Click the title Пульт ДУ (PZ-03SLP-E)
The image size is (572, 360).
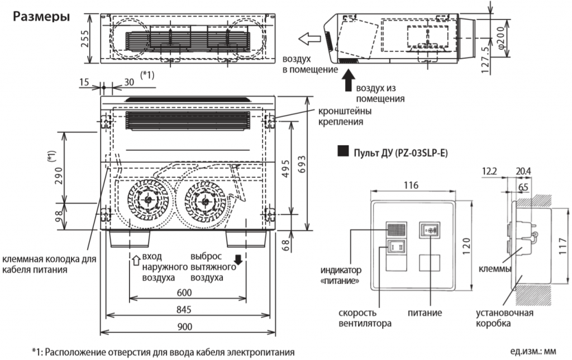click(x=399, y=152)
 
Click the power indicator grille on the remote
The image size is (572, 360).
click(x=395, y=230)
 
